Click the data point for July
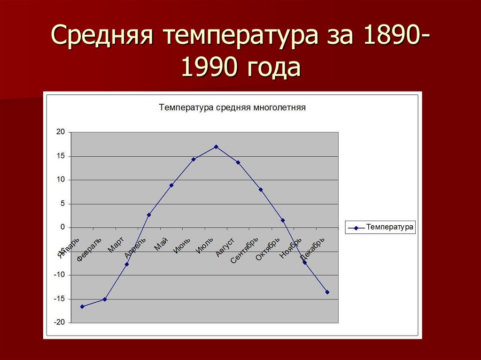click(x=216, y=147)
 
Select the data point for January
click(x=82, y=306)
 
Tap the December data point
click(x=327, y=292)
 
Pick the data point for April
click(x=149, y=215)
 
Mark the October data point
click(x=283, y=220)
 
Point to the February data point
click(x=105, y=299)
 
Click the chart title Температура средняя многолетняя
click(x=233, y=107)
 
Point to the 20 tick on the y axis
click(x=60, y=132)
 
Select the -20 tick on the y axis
click(x=59, y=323)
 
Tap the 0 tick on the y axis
click(x=62, y=227)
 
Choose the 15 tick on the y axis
click(x=60, y=156)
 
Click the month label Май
click(x=161, y=244)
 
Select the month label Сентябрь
click(x=245, y=250)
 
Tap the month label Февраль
click(x=89, y=249)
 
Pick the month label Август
click(x=225, y=247)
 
